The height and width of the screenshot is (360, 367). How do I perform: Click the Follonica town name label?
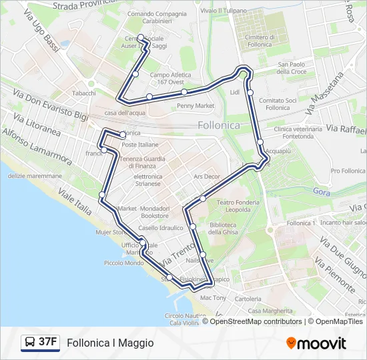219,125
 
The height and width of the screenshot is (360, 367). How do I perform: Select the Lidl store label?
234,92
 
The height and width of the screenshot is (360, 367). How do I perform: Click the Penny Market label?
196,105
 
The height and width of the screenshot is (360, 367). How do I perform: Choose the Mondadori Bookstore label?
155,212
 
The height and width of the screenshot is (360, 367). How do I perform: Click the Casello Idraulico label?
160,228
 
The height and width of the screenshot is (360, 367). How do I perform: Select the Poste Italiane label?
140,145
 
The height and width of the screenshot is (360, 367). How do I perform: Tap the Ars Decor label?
206,177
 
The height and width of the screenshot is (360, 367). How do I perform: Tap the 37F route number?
48,342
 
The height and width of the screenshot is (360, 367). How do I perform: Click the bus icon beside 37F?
30,343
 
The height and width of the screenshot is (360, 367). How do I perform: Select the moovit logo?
316,343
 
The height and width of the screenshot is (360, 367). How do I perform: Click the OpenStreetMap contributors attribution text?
256,321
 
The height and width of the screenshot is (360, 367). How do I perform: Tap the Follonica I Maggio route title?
110,343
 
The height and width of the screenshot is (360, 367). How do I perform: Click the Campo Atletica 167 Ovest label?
170,79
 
